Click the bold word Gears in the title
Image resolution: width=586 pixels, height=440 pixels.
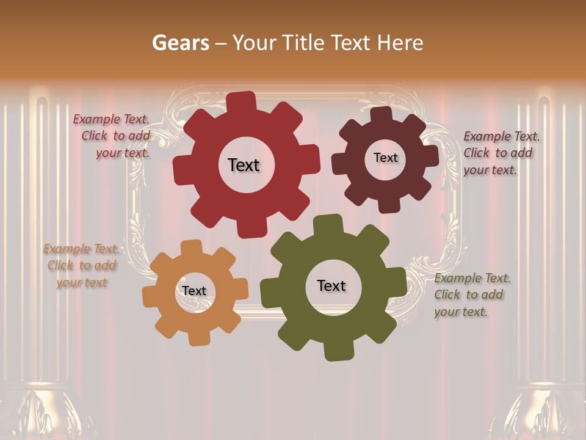point(180,43)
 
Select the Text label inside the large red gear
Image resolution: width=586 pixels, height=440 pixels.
point(244,165)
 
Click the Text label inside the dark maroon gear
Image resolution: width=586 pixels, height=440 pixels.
point(385,158)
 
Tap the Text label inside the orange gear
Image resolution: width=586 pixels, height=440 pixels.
point(194,291)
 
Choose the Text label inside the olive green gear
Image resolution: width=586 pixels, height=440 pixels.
point(331,285)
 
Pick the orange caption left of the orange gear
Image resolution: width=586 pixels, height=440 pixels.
point(82,266)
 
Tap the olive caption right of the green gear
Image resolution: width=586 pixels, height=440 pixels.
point(471,295)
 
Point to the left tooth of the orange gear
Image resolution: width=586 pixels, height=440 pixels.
point(150,298)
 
